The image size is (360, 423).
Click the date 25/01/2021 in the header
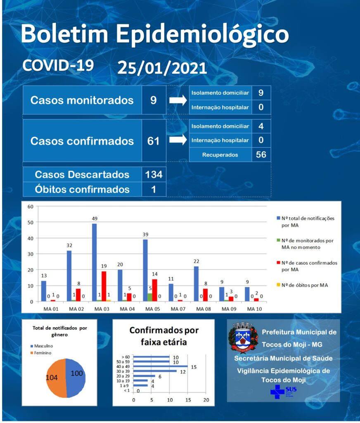pos(162,68)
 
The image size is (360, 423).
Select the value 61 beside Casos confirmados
pos(153,141)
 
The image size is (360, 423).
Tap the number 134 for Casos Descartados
pos(154,175)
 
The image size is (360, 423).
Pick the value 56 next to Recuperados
pos(261,154)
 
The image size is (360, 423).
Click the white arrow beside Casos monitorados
pos(178,100)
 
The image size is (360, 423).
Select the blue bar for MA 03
pos(95,262)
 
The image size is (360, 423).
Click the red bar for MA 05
pos(154,290)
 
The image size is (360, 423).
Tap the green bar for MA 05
pos(150,297)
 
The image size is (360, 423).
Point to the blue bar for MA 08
pos(196,284)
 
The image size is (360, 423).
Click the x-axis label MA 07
pos(178,309)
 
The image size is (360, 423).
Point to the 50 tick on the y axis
pos(31,223)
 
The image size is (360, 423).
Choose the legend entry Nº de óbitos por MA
pos(302,285)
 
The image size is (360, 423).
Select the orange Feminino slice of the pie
pos(55,378)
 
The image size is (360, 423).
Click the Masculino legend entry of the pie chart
pos(42,346)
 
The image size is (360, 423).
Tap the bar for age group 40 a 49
pos(161,366)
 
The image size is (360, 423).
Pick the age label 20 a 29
pos(123,376)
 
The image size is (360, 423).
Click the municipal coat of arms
pos(243,337)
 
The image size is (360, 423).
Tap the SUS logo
pos(283,392)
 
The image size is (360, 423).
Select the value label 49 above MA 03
pos(95,219)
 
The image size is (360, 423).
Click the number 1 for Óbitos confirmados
pos(154,189)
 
